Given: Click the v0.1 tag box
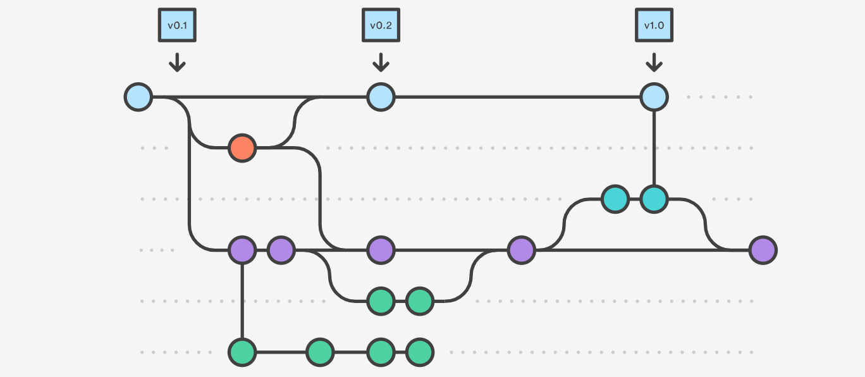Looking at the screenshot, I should click(x=177, y=26).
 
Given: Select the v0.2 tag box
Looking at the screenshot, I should click(x=381, y=26).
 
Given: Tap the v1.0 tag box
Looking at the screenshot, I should click(x=654, y=26).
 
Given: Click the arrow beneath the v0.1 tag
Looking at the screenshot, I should click(x=177, y=62).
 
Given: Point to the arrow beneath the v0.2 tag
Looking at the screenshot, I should click(x=381, y=62).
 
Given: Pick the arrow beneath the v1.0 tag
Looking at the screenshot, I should click(x=654, y=62).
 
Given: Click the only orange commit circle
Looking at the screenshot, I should click(x=242, y=148).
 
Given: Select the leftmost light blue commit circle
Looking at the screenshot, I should click(x=138, y=97).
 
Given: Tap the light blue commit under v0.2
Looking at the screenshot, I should click(x=381, y=97).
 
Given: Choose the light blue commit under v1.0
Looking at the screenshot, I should click(x=654, y=97).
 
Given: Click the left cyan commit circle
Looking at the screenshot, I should click(x=615, y=199).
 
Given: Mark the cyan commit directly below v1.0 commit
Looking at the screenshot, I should click(x=654, y=199).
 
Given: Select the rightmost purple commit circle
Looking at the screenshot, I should click(x=763, y=250).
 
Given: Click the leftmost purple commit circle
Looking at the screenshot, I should click(x=242, y=250).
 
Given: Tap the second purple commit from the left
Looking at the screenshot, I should click(x=281, y=250).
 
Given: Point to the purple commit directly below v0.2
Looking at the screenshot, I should click(x=381, y=250).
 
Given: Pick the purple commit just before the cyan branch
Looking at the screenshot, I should click(x=521, y=250).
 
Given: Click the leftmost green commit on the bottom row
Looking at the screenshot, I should click(x=242, y=352).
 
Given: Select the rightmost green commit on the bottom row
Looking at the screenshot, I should click(x=419, y=352).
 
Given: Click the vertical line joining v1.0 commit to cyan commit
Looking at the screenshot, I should click(x=654, y=149).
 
